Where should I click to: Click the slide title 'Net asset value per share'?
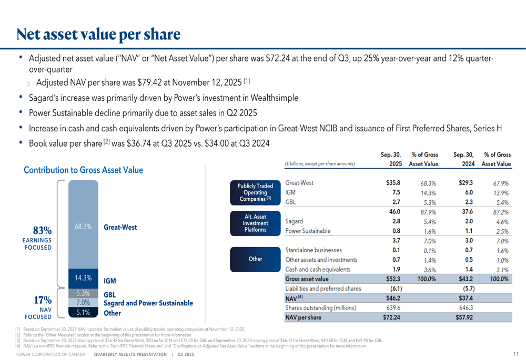click(98, 35)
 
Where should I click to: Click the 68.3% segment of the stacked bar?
click(83, 227)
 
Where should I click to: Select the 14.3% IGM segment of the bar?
click(83, 278)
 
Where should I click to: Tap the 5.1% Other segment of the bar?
click(83, 313)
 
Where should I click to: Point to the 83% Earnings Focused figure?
click(42, 231)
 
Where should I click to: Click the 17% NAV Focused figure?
click(42, 300)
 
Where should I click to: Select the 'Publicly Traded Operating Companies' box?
click(255, 192)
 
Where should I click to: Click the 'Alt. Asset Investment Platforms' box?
click(255, 223)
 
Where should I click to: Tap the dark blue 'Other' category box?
click(255, 259)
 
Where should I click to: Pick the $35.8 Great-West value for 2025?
click(393, 183)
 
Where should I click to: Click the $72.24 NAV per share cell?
click(393, 317)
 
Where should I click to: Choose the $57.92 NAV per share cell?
click(466, 317)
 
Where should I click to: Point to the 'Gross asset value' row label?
click(307, 279)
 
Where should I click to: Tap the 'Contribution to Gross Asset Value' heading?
click(83, 170)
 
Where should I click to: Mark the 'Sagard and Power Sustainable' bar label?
click(148, 303)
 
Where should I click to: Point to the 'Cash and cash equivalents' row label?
click(318, 270)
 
